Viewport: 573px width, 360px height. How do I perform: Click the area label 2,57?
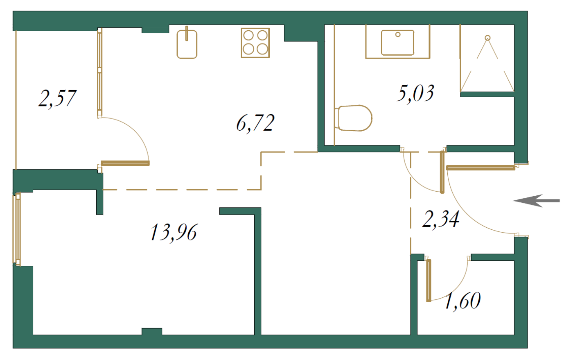coord(57,99)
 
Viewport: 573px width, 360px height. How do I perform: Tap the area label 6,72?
coord(255,123)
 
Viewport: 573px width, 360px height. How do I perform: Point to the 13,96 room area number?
coord(174,233)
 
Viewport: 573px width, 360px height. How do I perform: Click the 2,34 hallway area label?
coord(441,220)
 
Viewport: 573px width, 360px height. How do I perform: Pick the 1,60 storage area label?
coord(463,301)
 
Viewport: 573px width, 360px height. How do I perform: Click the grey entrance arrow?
coord(537,201)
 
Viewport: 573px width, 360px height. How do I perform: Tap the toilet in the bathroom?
coord(353,118)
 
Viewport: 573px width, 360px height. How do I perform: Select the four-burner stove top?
coord(255,43)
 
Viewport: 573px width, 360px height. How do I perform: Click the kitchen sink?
coord(187,44)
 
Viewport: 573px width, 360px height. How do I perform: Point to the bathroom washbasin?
coord(397,43)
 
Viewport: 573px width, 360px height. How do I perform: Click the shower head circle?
coord(487,38)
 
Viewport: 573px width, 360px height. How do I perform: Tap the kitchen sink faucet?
coord(187,33)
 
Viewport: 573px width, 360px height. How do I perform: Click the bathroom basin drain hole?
coord(398,34)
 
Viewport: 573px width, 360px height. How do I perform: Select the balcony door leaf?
coord(125,163)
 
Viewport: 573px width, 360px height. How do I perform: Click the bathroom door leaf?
coord(442,172)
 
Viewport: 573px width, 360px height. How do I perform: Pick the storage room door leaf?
coord(429,281)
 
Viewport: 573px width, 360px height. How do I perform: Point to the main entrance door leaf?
coord(481,168)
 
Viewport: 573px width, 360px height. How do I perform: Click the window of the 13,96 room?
coord(18,229)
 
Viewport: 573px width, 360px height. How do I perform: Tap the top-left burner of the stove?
coord(248,36)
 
